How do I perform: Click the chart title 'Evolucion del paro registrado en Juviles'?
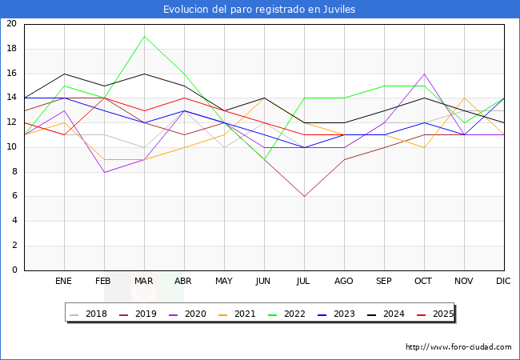tap(259, 10)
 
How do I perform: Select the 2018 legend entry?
tap(88, 314)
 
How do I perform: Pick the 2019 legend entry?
tap(138, 314)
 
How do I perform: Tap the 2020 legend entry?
tap(187, 314)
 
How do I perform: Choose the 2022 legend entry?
tap(286, 314)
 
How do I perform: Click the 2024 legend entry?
tap(386, 314)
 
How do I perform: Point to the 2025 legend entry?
tap(435, 314)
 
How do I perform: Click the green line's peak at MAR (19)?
tap(144, 37)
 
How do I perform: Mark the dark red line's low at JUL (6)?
tap(305, 197)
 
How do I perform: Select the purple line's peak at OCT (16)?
tap(425, 74)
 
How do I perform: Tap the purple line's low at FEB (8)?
tap(105, 172)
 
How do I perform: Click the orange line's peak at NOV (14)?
tap(464, 98)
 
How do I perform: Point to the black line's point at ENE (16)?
tap(64, 74)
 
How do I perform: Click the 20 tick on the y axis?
tap(11, 23)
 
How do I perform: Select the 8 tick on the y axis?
tap(14, 172)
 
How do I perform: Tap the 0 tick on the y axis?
tap(14, 270)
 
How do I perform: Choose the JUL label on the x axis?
tap(302, 281)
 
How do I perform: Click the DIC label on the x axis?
tap(503, 281)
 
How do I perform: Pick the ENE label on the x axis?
tap(63, 281)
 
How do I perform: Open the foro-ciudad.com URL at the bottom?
tap(458, 347)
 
